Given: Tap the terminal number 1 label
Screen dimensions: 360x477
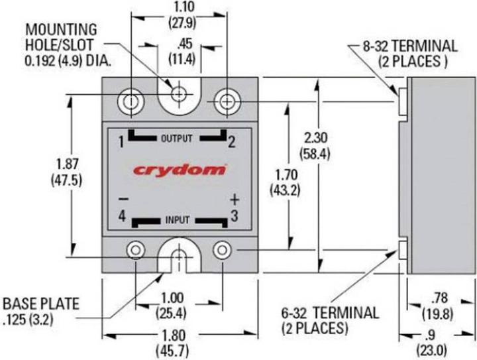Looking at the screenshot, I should click(x=121, y=142).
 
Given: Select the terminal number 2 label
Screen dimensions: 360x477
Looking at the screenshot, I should click(x=232, y=142).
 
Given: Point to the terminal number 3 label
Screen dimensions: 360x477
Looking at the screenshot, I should click(x=233, y=215).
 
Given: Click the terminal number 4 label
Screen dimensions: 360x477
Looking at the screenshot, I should click(x=122, y=215).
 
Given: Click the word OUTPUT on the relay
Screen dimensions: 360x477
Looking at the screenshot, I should click(x=176, y=139).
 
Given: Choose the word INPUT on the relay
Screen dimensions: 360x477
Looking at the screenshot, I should click(x=177, y=218).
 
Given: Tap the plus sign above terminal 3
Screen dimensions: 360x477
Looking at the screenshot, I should click(x=234, y=199).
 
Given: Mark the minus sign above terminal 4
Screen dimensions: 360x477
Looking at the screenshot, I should click(x=122, y=199).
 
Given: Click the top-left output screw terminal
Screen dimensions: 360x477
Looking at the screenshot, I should click(x=131, y=101).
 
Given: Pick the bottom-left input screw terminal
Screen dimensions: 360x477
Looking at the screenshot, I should click(x=136, y=251).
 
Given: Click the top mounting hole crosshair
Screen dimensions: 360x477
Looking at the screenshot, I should click(x=178, y=95).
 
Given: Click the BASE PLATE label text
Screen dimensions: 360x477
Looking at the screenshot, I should click(x=40, y=304).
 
